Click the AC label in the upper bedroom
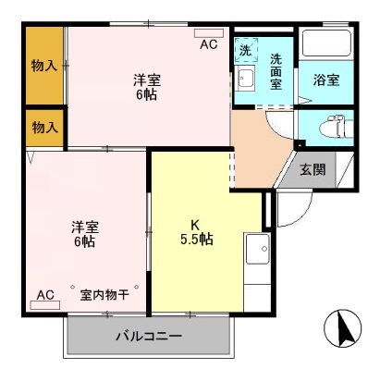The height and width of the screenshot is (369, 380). pos(209,44)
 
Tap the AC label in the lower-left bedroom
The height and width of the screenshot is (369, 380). pos(45,295)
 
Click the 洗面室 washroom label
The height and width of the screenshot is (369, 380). pos(276,72)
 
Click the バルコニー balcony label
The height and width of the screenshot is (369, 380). pos(149,337)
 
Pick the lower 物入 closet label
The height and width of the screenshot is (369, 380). pos(43,127)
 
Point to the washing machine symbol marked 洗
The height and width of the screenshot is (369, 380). pos(245,49)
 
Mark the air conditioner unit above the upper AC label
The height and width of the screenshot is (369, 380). pos(209,34)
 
